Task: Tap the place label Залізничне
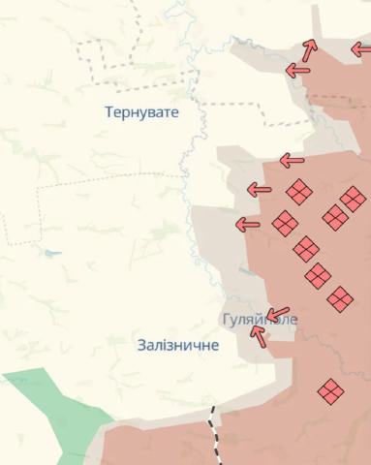[178, 345]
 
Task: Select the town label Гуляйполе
[259, 319]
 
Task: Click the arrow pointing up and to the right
[309, 49]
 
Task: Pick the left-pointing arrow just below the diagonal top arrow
[297, 70]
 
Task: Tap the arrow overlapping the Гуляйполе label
[278, 315]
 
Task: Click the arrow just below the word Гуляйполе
[258, 335]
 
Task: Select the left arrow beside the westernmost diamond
[248, 225]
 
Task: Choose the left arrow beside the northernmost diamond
[259, 189]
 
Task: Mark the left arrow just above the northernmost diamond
[292, 161]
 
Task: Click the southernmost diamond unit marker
[330, 391]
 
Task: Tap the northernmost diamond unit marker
[298, 191]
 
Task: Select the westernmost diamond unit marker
[285, 224]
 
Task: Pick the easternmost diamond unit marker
[353, 200]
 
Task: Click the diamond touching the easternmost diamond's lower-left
[335, 217]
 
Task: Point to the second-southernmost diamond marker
[339, 299]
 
